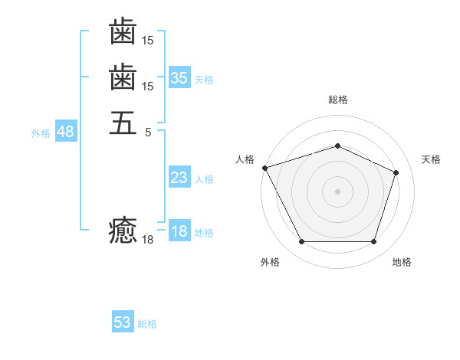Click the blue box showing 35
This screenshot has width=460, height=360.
pyautogui.click(x=179, y=78)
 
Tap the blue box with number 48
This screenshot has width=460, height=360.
pyautogui.click(x=65, y=132)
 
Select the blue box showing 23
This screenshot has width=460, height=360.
pyautogui.click(x=179, y=178)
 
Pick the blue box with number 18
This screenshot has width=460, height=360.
pyautogui.click(x=179, y=232)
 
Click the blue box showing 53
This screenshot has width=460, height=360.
pyautogui.click(x=123, y=322)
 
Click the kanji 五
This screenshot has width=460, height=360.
pyautogui.click(x=123, y=123)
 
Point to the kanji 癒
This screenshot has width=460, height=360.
pyautogui.click(x=123, y=230)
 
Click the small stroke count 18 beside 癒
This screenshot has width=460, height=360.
pyautogui.click(x=148, y=240)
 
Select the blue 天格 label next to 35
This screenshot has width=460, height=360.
pyautogui.click(x=204, y=80)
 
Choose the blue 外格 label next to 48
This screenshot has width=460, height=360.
pyautogui.click(x=41, y=133)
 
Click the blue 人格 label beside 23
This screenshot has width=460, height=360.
pyautogui.click(x=204, y=180)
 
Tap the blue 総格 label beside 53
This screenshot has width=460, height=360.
pyautogui.click(x=147, y=324)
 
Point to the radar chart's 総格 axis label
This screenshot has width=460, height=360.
pyautogui.click(x=337, y=100)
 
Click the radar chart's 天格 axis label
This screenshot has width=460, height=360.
pyautogui.click(x=431, y=159)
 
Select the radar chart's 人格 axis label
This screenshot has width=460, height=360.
pyautogui.click(x=245, y=159)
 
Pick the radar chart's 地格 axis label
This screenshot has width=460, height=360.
pyautogui.click(x=402, y=262)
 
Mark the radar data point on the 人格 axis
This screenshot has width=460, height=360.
pyautogui.click(x=264, y=168)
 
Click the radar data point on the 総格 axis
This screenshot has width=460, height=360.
pyautogui.click(x=337, y=146)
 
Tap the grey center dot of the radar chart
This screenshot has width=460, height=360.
pyautogui.click(x=337, y=191)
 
